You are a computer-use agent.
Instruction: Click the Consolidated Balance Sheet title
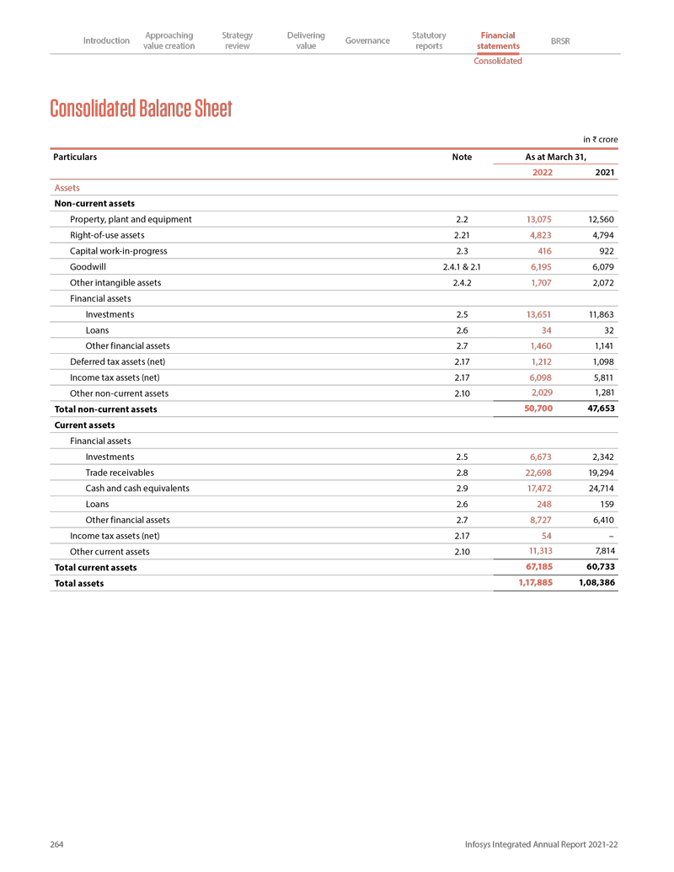141,109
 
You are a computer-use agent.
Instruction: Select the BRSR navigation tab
559,40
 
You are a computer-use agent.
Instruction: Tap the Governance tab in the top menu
367,40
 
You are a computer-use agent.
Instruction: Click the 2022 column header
543,173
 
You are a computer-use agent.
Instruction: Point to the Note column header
462,157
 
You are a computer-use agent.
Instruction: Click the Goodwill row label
88,267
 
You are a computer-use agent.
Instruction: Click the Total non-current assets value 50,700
538,408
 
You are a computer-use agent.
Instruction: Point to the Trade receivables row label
120,473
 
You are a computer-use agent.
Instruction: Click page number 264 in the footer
57,844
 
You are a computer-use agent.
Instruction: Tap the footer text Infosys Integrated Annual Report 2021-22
542,844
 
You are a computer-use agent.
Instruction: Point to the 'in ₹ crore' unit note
600,138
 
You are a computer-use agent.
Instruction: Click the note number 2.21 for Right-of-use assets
462,235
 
